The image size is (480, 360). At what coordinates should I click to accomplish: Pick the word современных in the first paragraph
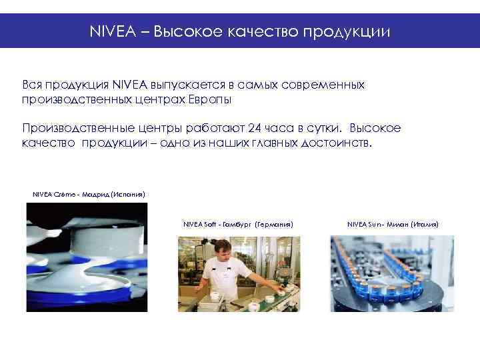coord(322,85)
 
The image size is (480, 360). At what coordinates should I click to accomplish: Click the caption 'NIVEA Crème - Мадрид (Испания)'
coord(89,194)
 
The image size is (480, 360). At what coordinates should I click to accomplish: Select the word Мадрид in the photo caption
coord(97,194)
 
